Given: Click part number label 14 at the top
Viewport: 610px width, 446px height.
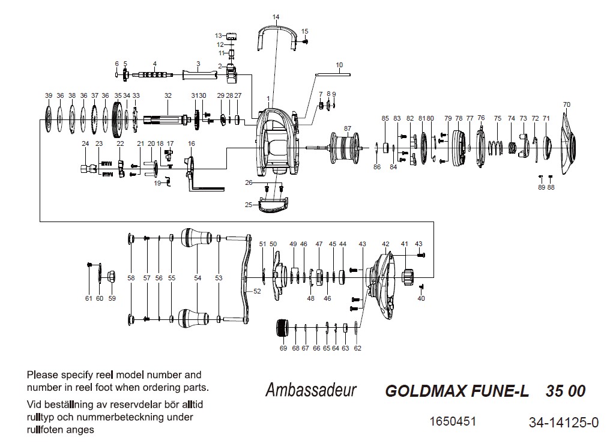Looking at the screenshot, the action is click(x=276, y=17).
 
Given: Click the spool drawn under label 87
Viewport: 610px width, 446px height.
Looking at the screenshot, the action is click(x=345, y=148).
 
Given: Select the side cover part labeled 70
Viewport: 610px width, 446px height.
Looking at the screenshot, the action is click(x=569, y=143).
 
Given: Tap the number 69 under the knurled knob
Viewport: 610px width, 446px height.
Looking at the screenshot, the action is click(x=283, y=348).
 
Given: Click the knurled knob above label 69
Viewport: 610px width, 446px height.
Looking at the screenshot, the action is click(x=282, y=328).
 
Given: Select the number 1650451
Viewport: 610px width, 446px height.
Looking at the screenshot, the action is click(x=453, y=421).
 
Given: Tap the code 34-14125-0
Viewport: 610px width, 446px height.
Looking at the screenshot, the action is click(x=564, y=422).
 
